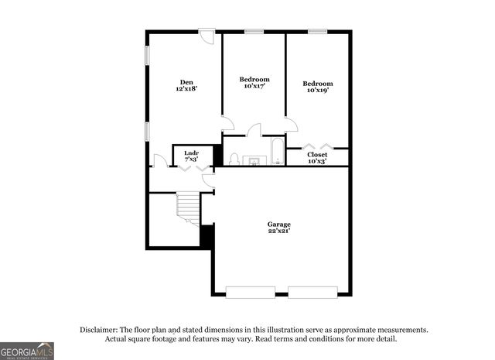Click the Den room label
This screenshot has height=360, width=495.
pyautogui.click(x=186, y=82)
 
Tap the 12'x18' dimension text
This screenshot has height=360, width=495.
pyautogui.click(x=186, y=90)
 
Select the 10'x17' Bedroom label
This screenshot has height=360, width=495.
pyautogui.click(x=254, y=79)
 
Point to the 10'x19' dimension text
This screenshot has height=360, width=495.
pyautogui.click(x=317, y=91)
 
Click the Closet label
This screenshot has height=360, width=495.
pyautogui.click(x=317, y=154)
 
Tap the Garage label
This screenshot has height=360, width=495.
pyautogui.click(x=279, y=224)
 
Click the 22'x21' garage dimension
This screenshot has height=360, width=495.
pyautogui.click(x=279, y=231)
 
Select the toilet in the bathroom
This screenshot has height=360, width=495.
pyautogui.click(x=234, y=159)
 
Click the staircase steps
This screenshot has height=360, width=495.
pyautogui.click(x=188, y=207)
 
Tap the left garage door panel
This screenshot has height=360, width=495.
pyautogui.click(x=251, y=291)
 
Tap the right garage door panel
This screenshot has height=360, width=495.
pyautogui.click(x=312, y=291)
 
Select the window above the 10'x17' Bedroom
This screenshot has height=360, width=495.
pyautogui.click(x=254, y=31)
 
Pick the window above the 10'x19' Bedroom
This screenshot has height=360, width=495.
pyautogui.click(x=317, y=31)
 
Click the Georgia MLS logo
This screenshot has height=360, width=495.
pyautogui.click(x=27, y=351)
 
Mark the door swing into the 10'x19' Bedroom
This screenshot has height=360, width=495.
pyautogui.click(x=291, y=124)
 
